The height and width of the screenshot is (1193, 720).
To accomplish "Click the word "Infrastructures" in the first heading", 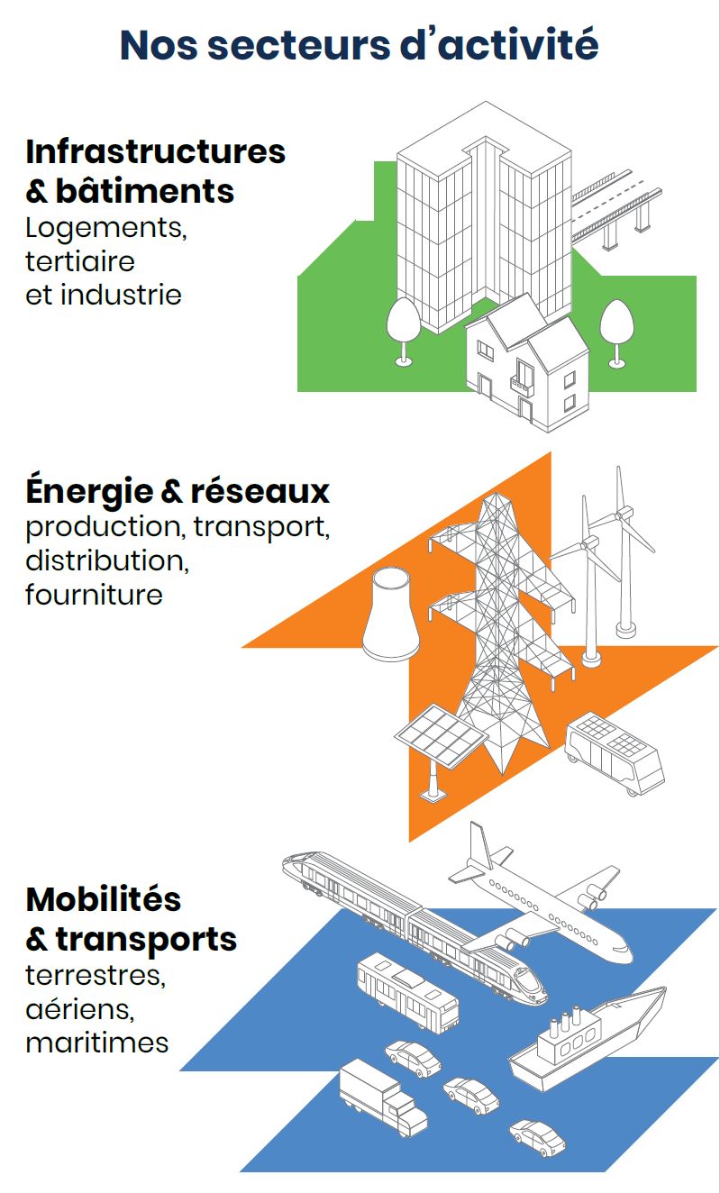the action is (x=156, y=151).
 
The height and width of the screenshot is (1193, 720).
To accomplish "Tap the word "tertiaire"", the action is (x=80, y=261).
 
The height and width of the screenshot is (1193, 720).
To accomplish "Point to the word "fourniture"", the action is (x=94, y=595).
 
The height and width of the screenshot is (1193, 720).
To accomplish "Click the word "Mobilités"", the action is (x=104, y=899).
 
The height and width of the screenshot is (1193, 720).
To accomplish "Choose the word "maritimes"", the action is (x=97, y=1043).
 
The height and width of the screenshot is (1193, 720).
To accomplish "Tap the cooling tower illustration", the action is (x=390, y=615).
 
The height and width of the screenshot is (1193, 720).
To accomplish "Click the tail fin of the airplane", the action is (x=479, y=848).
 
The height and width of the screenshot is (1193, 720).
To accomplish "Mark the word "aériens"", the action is (x=80, y=1008).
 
